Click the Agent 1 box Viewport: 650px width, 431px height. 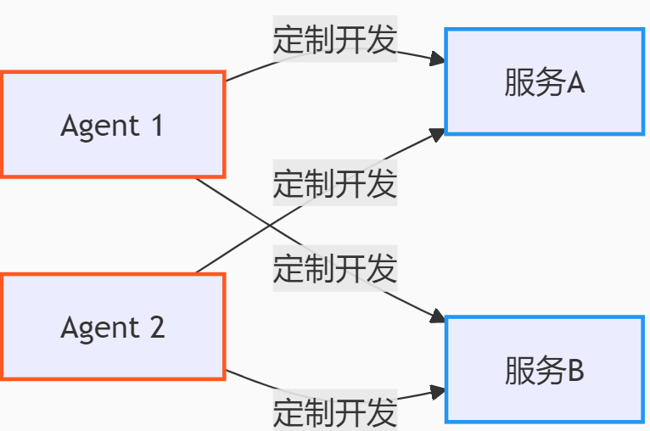coord(112,125)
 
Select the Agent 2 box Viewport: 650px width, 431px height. coord(112,327)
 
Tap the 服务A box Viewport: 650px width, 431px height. coord(544,82)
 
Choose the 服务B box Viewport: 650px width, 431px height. coord(544,370)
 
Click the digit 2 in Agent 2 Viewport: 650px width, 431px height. coord(156,327)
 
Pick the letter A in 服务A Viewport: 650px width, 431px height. coord(574,83)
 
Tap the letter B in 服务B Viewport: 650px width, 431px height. coord(574,371)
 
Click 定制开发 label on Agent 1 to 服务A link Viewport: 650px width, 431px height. coord(335,40)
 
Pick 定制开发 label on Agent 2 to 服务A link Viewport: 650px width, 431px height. coord(335,183)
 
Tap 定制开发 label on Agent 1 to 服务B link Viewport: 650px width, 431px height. coord(335,269)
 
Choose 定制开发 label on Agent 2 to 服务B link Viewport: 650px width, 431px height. coord(335,412)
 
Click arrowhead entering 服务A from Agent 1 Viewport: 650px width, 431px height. coord(438,59)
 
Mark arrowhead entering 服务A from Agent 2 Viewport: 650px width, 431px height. coord(437,134)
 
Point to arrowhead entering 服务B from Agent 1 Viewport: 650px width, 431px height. coord(437,316)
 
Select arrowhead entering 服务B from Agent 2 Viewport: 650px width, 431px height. coord(438,392)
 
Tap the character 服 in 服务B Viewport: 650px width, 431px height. coord(518,371)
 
